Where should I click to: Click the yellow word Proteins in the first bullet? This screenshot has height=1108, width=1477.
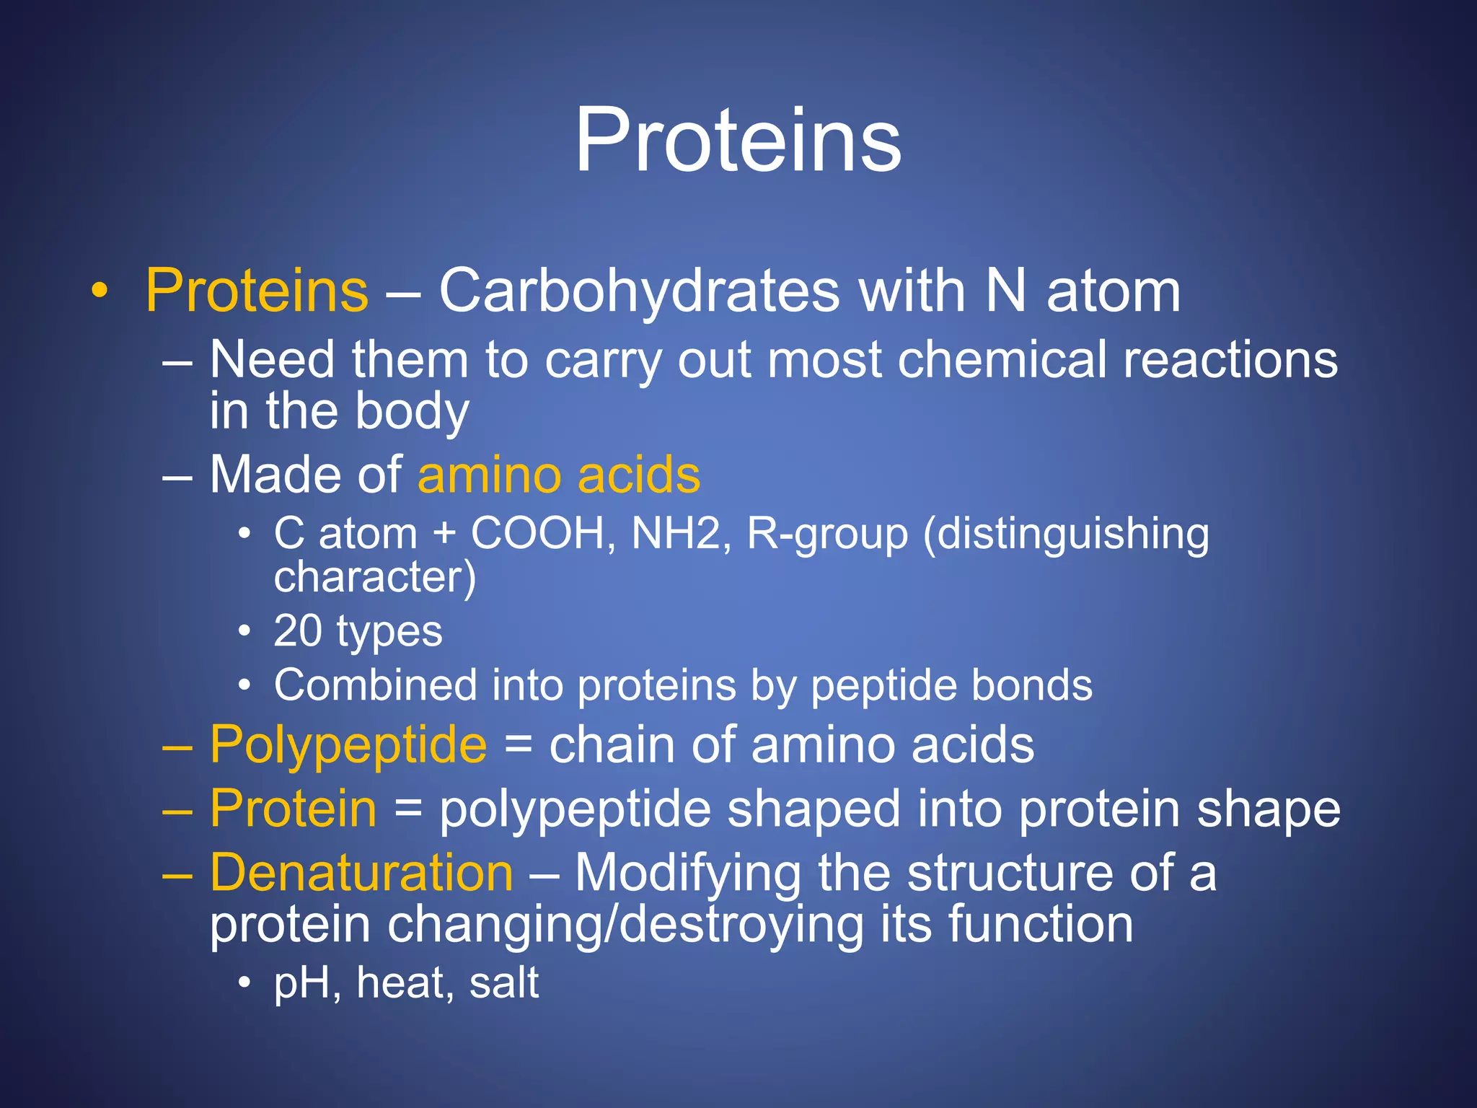coord(257,291)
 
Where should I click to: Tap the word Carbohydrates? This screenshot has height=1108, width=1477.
coord(639,291)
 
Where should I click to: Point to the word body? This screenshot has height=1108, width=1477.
coord(412,412)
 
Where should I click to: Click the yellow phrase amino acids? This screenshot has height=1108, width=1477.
coord(559,475)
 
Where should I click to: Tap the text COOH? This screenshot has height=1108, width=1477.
coord(538,534)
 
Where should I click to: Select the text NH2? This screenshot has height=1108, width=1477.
coord(676,534)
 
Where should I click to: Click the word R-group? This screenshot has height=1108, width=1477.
coord(827,535)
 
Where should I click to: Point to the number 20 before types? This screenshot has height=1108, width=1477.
coord(297,631)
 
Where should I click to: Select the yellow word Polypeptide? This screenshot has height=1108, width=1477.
coord(348,745)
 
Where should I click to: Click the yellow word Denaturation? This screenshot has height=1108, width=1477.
coord(361,874)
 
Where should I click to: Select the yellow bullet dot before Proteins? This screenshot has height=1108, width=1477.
coord(100,291)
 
